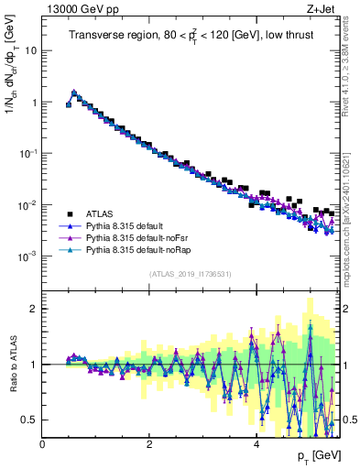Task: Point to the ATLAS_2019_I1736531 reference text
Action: click(x=190, y=274)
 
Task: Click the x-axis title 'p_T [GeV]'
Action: click(x=314, y=456)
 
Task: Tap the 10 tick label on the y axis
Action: click(x=31, y=50)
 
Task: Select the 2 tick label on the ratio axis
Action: click(x=34, y=309)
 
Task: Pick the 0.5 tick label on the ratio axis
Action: click(x=30, y=420)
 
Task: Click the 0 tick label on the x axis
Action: click(x=42, y=444)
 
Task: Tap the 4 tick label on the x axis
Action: click(x=256, y=444)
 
